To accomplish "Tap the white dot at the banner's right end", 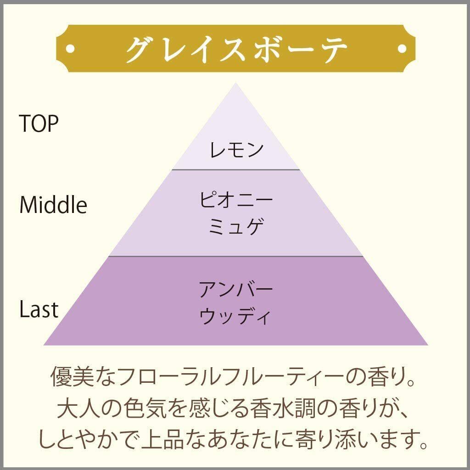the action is pos(402,48).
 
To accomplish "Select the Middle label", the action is pos(53,205).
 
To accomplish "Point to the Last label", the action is pos(39,309).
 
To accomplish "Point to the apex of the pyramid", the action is pos(236,84).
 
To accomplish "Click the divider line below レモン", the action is pos(236,170).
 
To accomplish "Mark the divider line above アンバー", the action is pos(236,257).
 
